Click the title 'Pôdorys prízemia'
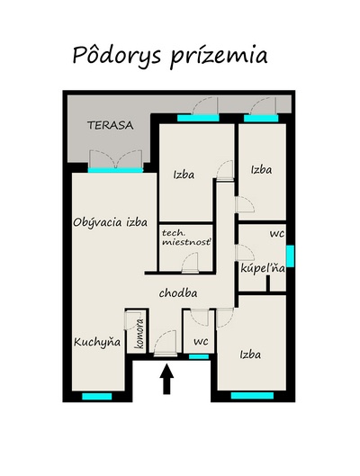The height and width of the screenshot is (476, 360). point(170,57)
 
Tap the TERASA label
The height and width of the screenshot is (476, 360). point(111,125)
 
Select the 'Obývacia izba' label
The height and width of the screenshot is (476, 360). point(111,222)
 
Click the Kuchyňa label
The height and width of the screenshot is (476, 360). point(97,342)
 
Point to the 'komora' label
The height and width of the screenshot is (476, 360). point(139,334)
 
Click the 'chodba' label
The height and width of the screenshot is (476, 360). point(178,293)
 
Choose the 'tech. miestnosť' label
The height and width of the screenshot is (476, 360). point(186,238)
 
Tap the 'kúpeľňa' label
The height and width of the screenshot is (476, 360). point(263,268)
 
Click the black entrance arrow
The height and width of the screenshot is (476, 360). point(166,379)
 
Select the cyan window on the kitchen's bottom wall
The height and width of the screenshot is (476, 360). point(97,397)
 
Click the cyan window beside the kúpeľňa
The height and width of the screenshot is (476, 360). point(290,256)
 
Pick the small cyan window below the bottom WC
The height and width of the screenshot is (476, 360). point(199,356)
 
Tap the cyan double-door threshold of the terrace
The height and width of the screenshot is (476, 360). point(115,170)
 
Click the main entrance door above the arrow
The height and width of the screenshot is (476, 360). point(166,344)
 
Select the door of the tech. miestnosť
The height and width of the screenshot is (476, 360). point(190,263)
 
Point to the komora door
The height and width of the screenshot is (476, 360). point(131,320)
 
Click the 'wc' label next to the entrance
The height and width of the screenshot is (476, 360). point(201,341)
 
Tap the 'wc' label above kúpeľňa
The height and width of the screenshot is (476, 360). point(277,234)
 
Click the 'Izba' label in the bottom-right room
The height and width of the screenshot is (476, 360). point(250,355)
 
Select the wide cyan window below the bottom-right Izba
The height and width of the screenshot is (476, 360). point(252,396)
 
